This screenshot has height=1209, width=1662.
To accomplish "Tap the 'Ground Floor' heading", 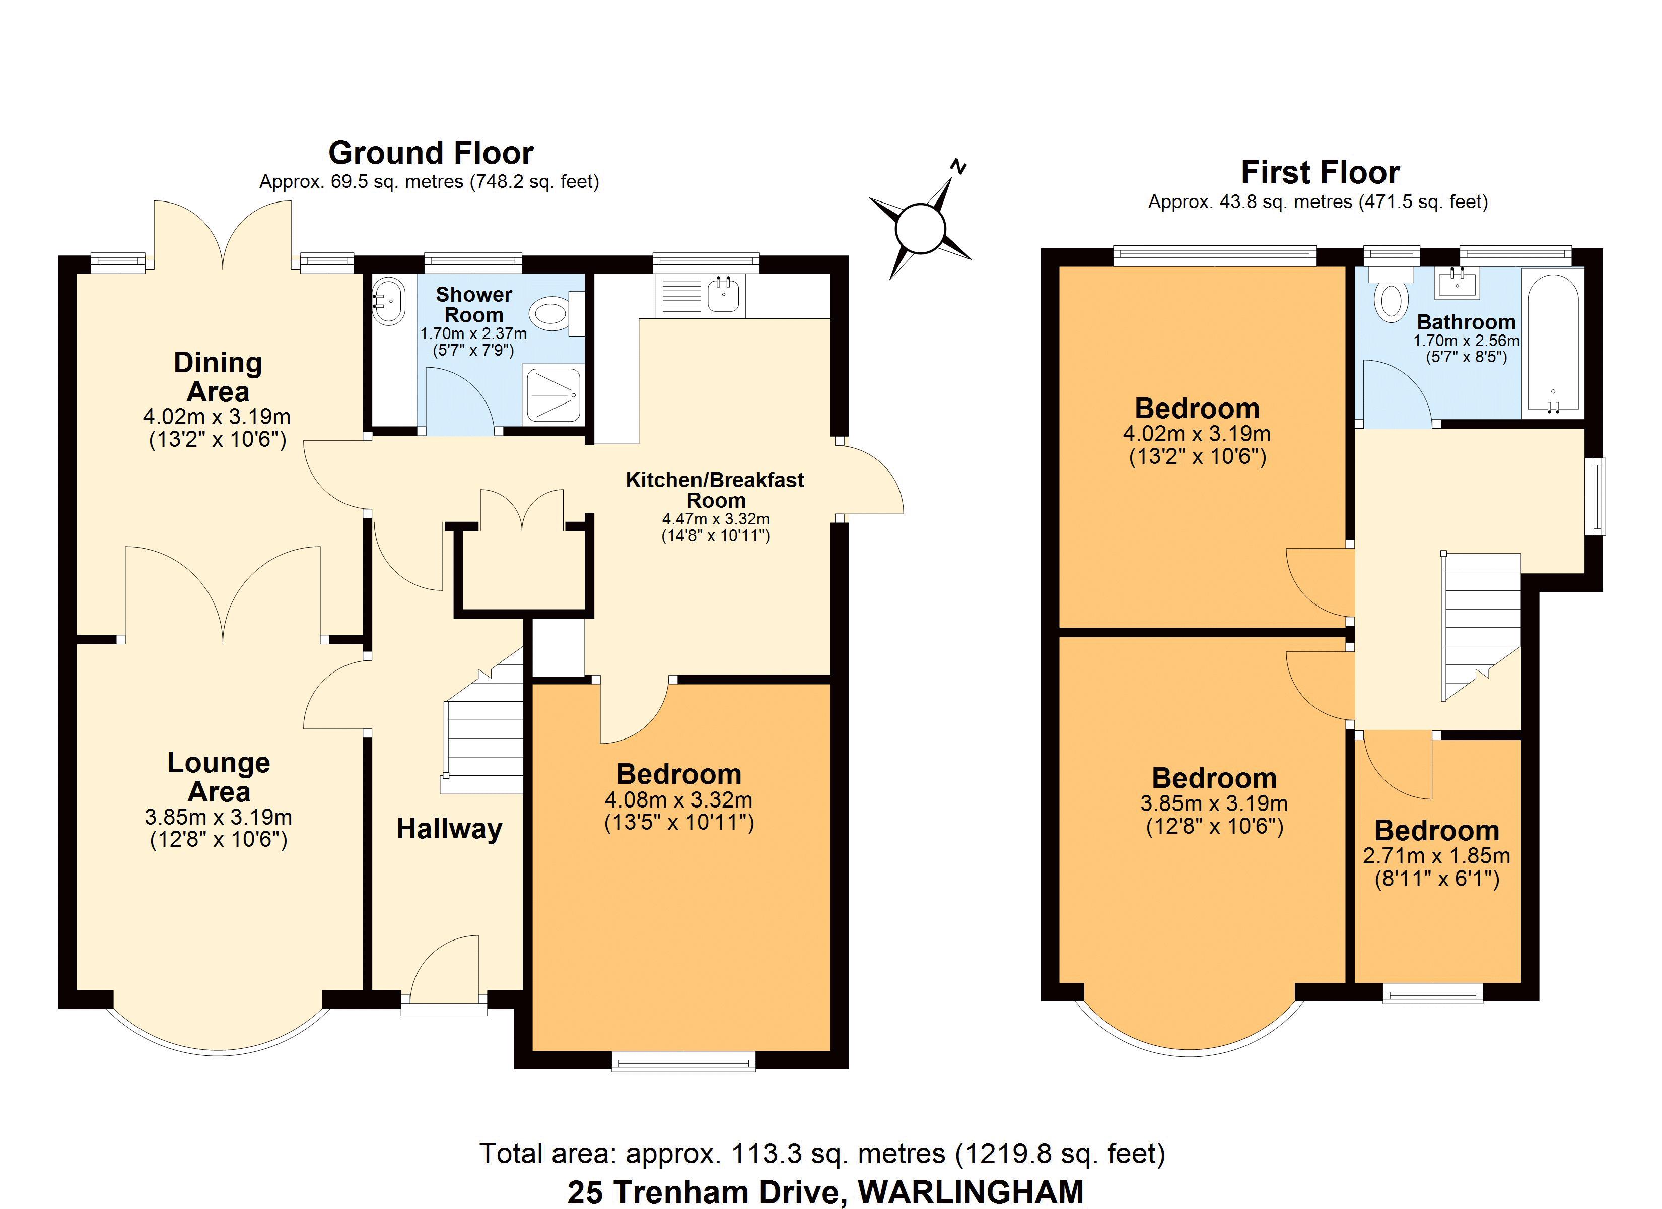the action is [x=431, y=153].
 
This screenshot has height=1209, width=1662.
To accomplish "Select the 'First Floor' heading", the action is [x=1320, y=172].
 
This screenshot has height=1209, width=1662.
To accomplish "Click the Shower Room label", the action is [x=473, y=304].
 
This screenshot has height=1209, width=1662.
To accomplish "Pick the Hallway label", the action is [x=449, y=829].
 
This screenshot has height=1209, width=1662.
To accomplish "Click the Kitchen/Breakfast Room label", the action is [x=715, y=490].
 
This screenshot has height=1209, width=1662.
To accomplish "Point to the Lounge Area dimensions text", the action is [x=219, y=828].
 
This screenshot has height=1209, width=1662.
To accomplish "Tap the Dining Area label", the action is [x=218, y=377].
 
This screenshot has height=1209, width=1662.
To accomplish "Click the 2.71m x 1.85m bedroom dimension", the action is [x=1436, y=855].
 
